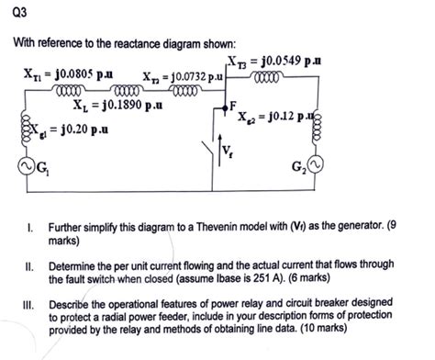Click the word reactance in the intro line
(133, 44)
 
